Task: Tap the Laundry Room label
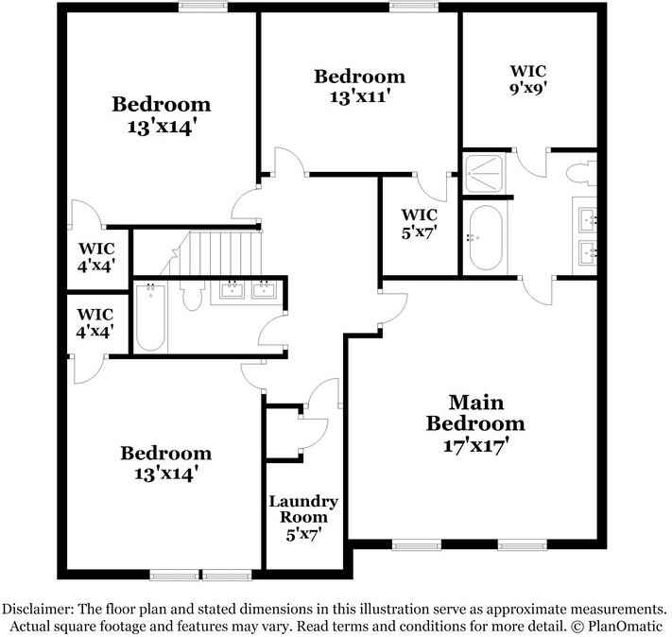click(303, 509)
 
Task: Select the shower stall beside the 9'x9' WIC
click(485, 171)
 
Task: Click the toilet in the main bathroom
click(581, 172)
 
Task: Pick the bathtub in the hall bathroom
click(151, 318)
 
